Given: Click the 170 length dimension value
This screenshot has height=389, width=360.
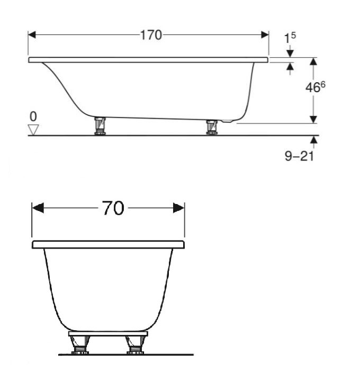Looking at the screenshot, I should (151, 36).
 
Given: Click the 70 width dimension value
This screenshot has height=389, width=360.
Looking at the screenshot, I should (113, 208).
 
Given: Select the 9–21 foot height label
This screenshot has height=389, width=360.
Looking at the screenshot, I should (300, 157).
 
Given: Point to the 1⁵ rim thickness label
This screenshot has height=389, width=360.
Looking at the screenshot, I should (290, 38).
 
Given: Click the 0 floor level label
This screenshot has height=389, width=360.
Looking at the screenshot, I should (33, 116).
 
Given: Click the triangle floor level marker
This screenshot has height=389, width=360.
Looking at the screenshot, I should (34, 129).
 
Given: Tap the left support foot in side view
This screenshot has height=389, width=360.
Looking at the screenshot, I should (100, 126).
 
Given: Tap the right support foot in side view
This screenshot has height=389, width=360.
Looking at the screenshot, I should (212, 127).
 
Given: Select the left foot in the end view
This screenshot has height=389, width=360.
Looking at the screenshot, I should (80, 345).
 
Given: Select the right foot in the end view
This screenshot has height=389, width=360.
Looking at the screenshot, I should (136, 345).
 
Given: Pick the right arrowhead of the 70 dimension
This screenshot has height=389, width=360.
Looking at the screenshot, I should (179, 208).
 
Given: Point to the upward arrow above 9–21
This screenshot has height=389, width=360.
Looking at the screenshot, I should (314, 140).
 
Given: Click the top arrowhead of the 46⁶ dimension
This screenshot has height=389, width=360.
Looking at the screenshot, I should (313, 61).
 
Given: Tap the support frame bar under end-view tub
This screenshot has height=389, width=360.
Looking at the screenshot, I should (108, 334).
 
